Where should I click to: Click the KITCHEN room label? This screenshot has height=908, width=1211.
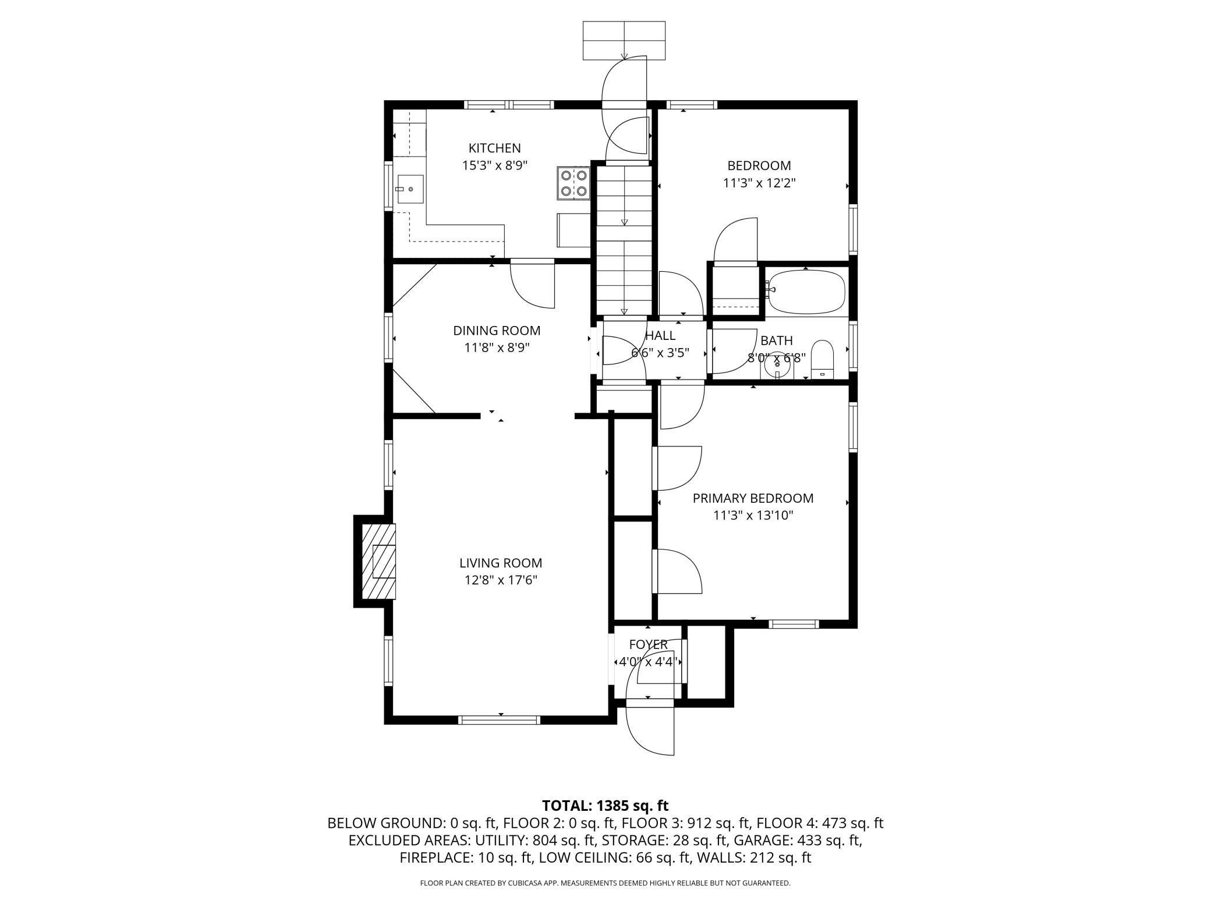[x=494, y=148]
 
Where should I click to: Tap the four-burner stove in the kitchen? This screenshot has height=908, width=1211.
[x=574, y=183]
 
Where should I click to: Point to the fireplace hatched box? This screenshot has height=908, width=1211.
[x=379, y=561]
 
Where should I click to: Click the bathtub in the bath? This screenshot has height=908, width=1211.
[x=806, y=291]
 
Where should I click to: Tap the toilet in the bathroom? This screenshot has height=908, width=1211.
[x=822, y=360]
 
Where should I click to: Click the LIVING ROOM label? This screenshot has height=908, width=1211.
[x=501, y=563]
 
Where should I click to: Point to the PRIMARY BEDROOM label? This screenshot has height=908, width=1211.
[x=753, y=498]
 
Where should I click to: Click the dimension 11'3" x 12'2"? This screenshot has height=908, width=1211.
[x=759, y=183]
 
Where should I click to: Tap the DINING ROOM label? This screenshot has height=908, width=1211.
[x=497, y=331]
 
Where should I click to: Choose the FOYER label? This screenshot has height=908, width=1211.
[x=648, y=644]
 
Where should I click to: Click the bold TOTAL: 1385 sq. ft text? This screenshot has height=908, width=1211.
[x=605, y=806]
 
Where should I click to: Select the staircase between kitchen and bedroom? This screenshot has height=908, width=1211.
[x=624, y=240]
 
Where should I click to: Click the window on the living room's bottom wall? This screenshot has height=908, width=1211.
[x=499, y=720]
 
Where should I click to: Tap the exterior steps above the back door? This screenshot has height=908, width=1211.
[x=624, y=40]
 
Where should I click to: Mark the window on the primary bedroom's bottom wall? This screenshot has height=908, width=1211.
[x=794, y=624]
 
